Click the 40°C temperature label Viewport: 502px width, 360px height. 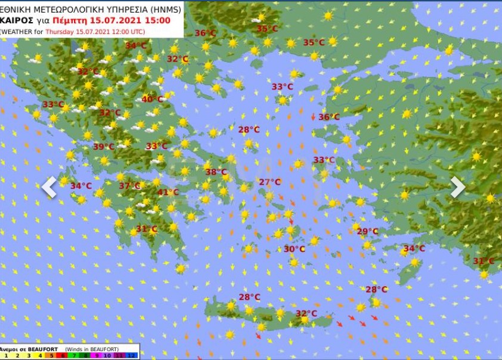click(x=152, y=100)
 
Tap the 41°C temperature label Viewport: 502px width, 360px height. click(x=168, y=193)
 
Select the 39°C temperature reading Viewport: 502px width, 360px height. click(x=103, y=147)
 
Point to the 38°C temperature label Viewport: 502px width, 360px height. click(x=216, y=172)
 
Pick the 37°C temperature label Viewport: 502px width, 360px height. click(x=129, y=186)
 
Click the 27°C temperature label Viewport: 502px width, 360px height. click(x=269, y=182)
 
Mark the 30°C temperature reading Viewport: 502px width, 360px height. click(x=294, y=249)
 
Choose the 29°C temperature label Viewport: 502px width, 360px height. click(x=367, y=232)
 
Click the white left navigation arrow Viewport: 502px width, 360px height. click(x=49, y=187)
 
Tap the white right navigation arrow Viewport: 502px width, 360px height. click(x=457, y=187)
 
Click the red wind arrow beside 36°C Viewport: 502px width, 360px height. click(x=313, y=117)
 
